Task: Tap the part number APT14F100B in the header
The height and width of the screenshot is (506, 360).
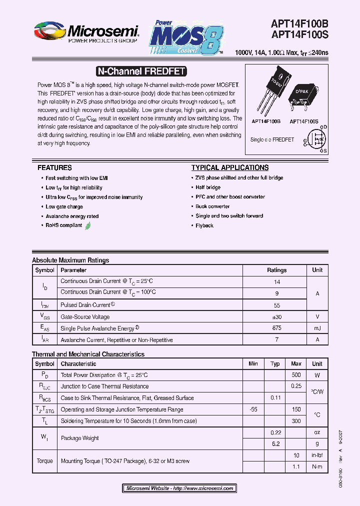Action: tap(299, 24)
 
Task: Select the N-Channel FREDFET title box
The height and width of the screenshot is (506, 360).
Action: tap(140, 71)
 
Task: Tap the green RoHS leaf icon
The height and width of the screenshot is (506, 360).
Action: tap(88, 225)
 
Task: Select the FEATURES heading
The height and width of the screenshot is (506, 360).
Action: tap(54, 168)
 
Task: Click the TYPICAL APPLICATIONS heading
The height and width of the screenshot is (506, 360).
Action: tap(230, 168)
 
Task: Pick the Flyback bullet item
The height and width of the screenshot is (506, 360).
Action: tap(204, 225)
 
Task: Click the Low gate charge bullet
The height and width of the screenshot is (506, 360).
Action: tap(64, 206)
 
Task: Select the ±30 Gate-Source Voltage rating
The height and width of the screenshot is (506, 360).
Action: tap(277, 316)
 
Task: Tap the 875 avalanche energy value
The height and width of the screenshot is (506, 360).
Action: tap(277, 328)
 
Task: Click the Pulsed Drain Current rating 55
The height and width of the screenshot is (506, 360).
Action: tap(277, 305)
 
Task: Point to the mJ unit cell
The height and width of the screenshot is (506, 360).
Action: tap(317, 328)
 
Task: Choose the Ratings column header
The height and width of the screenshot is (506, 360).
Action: tap(277, 270)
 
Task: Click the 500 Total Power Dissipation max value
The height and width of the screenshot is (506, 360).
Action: tap(296, 375)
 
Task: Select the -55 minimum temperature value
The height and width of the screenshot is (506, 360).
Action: tap(253, 409)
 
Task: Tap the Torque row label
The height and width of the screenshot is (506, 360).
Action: tap(44, 461)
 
